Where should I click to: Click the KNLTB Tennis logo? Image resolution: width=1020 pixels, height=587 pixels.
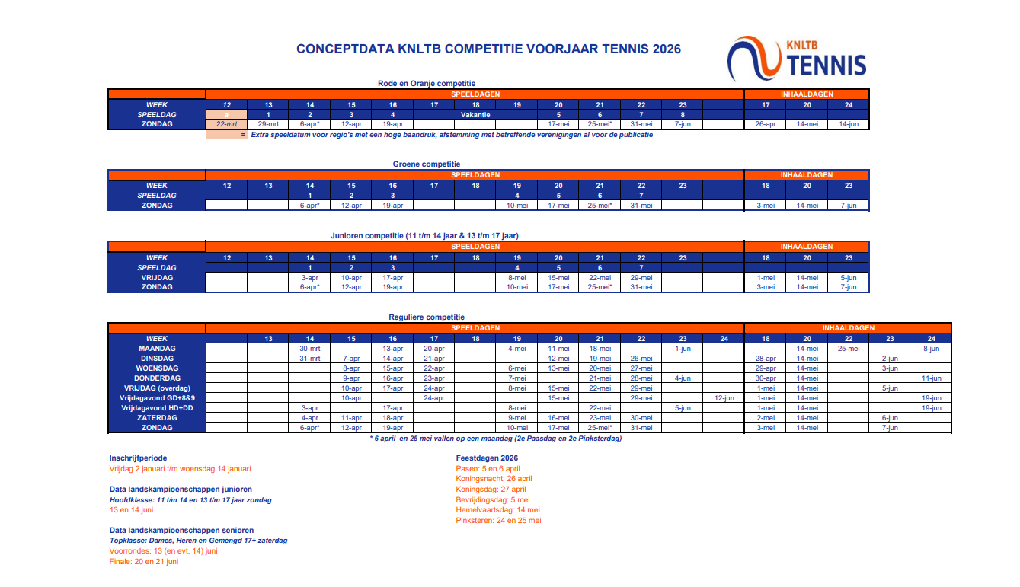(797, 59)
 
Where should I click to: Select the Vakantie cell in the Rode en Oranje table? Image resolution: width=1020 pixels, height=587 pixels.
(475, 114)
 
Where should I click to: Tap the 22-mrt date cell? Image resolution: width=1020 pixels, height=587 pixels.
(226, 124)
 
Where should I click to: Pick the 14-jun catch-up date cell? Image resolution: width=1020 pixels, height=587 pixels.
(848, 124)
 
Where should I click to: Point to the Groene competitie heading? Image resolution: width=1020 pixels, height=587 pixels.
(427, 164)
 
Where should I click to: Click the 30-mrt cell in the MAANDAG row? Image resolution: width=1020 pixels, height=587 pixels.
(309, 348)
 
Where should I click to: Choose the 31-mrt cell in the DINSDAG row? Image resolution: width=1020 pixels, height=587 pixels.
(309, 358)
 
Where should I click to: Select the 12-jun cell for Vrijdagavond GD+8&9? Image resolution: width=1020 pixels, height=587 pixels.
(724, 397)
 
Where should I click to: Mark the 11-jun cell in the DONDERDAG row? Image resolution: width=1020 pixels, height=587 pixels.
(931, 378)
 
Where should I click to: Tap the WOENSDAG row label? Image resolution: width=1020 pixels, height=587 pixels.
(157, 368)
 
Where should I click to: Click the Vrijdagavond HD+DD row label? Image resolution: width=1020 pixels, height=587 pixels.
(157, 407)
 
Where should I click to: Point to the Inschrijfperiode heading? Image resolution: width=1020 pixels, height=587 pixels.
(139, 458)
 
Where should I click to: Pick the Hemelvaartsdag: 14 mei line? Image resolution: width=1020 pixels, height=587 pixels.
(497, 510)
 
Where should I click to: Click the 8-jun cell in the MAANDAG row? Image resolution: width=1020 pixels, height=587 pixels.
(931, 348)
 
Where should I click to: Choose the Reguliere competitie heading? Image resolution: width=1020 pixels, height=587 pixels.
(427, 317)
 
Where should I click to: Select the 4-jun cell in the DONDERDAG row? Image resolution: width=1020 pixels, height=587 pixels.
(683, 378)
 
